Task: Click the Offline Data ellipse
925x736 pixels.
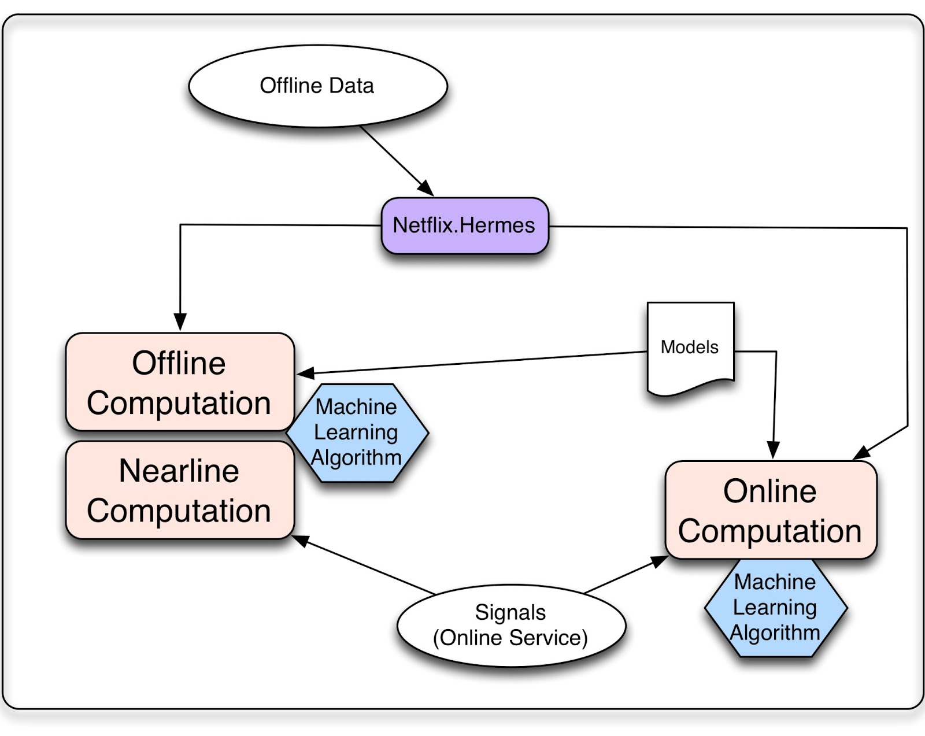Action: [317, 86]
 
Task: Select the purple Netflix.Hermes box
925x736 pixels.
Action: [464, 225]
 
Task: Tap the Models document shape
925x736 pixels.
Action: [690, 347]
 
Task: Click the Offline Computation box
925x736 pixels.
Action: [179, 382]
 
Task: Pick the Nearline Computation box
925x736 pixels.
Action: [179, 490]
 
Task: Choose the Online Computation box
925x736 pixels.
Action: [770, 510]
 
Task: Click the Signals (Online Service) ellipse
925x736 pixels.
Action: [511, 625]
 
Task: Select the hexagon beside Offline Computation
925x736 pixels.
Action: [357, 432]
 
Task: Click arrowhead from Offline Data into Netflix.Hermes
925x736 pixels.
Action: [427, 188]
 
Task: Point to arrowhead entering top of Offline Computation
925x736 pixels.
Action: [180, 322]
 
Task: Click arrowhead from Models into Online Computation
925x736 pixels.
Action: [773, 450]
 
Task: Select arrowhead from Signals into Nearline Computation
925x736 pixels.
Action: [300, 541]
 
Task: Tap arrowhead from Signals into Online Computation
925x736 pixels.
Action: [659, 561]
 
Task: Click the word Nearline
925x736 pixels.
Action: [179, 471]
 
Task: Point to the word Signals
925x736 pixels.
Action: [510, 612]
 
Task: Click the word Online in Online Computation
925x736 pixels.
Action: [769, 491]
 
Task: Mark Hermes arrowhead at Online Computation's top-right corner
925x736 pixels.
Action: [862, 453]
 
